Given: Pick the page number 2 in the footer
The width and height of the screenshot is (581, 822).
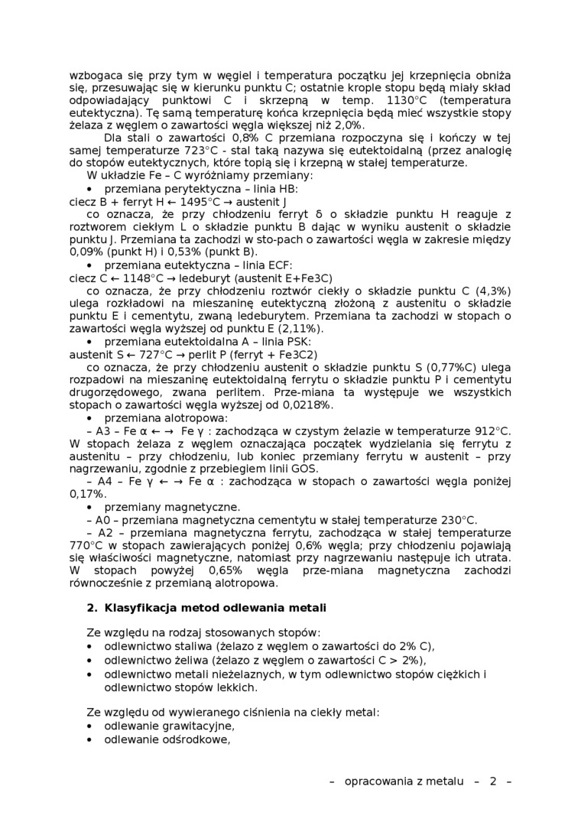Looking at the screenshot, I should (493, 781).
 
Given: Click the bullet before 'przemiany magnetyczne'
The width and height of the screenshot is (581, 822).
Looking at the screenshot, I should (90, 507).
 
